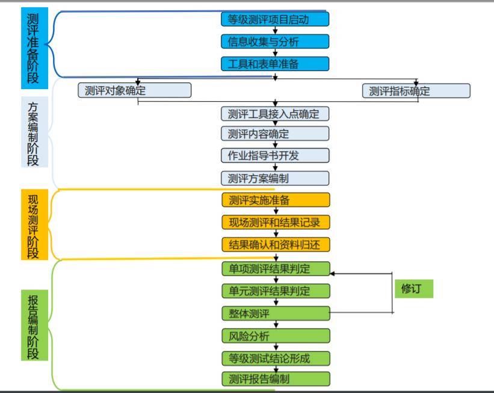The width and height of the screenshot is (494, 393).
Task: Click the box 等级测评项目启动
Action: click(275, 19)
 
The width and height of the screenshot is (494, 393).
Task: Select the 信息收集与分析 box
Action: click(275, 42)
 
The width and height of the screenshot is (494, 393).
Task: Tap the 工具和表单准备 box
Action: click(275, 64)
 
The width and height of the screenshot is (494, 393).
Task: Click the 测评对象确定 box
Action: click(135, 91)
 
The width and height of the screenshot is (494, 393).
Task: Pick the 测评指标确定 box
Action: click(416, 91)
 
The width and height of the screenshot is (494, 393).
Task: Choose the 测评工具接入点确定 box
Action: click(275, 114)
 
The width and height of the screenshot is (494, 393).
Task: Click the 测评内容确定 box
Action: click(275, 134)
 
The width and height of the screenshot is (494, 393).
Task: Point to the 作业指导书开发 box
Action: click(275, 155)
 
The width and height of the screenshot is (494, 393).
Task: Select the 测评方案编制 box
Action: click(275, 178)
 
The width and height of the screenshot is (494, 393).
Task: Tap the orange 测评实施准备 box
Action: click(275, 200)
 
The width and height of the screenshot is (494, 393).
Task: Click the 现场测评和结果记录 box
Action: click(275, 222)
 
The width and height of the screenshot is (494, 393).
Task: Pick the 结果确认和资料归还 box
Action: click(275, 244)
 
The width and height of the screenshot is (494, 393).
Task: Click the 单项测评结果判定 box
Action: click(275, 268)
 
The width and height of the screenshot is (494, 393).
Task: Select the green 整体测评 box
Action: click(275, 314)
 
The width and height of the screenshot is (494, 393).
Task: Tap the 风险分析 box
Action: click(275, 335)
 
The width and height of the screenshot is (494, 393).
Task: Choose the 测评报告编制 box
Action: click(275, 379)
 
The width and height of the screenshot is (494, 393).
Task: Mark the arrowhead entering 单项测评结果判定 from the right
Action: click(333, 273)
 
